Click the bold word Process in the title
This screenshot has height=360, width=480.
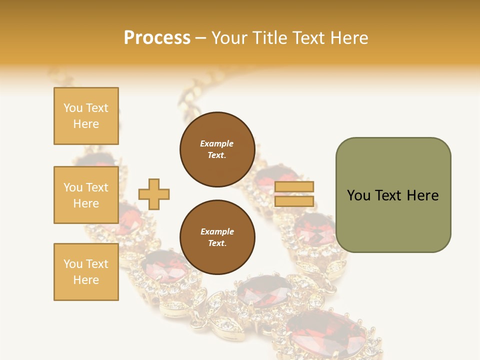157,37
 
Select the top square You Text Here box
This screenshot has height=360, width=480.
86,116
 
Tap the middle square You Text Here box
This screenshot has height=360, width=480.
86,195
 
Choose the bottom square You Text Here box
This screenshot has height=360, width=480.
86,271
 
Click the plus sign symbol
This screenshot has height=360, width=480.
153,194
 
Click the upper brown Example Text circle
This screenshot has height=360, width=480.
217,149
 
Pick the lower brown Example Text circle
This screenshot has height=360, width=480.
217,237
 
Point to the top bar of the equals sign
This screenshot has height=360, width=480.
294,187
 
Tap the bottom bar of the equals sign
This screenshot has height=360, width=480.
294,201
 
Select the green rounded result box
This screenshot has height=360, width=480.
393,194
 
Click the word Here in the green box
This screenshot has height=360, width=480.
422,195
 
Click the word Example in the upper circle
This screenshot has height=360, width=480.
216,143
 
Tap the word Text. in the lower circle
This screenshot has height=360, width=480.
217,243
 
